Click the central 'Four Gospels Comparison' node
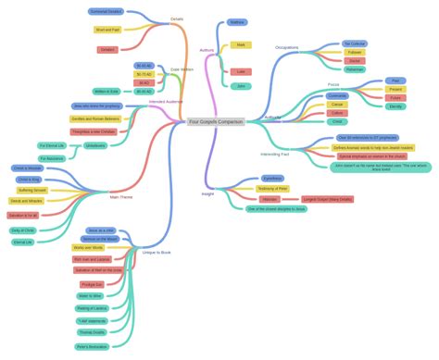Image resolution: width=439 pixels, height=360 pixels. (x=216, y=121)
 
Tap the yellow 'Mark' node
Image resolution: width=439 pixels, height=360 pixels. (x=241, y=44)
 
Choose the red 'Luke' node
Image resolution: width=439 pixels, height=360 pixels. (x=241, y=71)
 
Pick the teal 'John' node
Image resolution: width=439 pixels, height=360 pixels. (x=241, y=86)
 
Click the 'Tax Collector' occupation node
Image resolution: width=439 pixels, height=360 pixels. (x=355, y=43)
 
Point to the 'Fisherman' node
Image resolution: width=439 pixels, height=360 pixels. (x=355, y=69)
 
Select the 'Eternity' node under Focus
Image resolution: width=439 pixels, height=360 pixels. (x=395, y=106)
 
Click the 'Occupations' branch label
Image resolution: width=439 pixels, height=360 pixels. (x=287, y=47)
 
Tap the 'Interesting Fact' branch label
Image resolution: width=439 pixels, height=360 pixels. (x=275, y=154)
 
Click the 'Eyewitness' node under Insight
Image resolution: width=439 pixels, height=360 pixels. (x=272, y=178)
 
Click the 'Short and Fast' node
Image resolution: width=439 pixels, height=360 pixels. (x=107, y=30)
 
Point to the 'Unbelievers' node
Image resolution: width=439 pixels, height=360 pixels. (x=95, y=145)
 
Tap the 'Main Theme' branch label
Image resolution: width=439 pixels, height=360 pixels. (x=121, y=197)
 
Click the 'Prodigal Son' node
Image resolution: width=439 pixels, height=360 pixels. (x=92, y=284)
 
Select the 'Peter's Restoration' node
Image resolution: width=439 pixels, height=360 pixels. (x=92, y=346)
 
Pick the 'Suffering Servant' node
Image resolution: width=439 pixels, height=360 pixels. (x=32, y=190)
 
